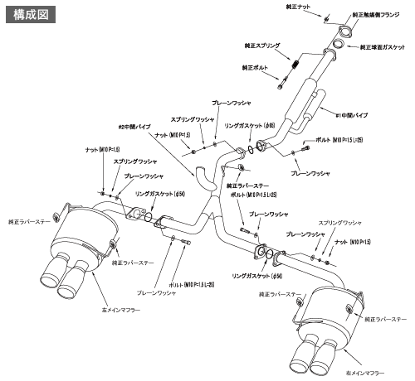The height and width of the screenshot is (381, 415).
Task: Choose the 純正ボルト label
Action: coord(256,67)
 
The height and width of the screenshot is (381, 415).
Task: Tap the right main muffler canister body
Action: coord(329,311)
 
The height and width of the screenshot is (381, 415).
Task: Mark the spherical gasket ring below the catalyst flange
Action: coord(341,45)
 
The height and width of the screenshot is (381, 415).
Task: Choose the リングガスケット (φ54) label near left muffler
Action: coord(161,195)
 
